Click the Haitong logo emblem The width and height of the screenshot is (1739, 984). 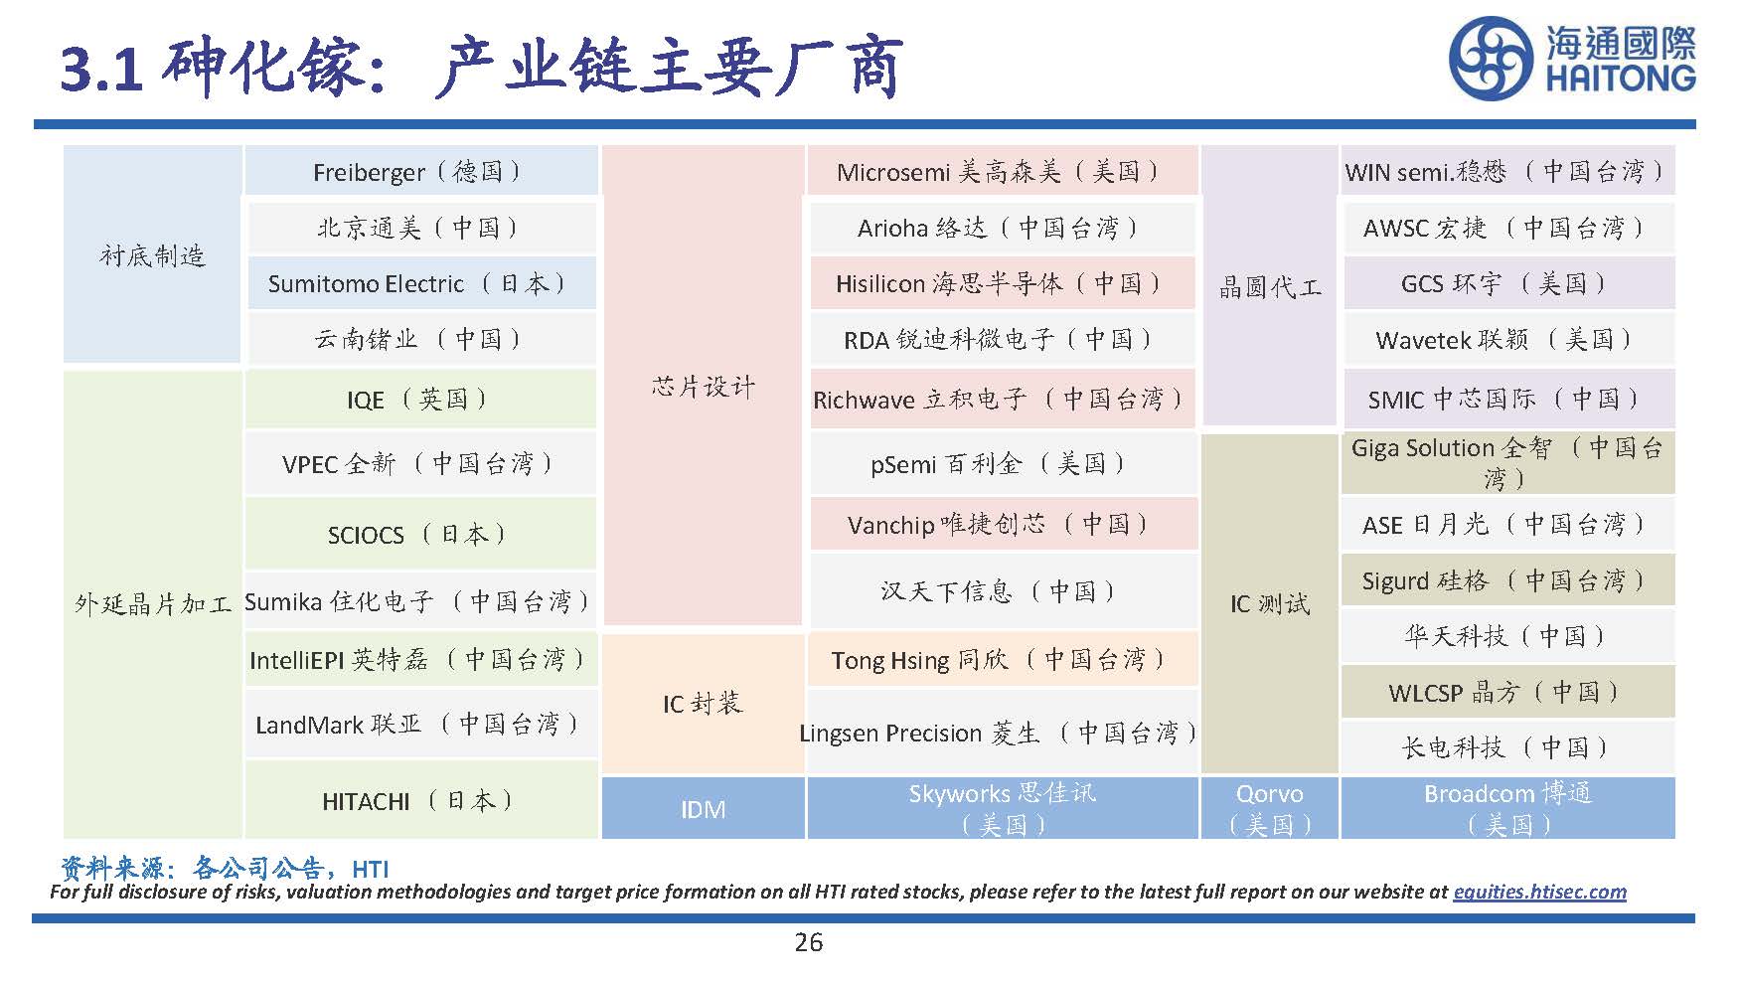[1492, 58]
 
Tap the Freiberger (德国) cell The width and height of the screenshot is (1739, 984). [419, 172]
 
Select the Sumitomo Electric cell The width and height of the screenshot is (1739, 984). [419, 284]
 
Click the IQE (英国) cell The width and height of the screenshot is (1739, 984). [419, 400]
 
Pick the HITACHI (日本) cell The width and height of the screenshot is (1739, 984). [419, 801]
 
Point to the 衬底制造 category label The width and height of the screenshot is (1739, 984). [152, 256]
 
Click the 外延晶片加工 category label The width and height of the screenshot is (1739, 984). [152, 603]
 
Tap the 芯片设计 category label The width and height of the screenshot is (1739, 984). [703, 387]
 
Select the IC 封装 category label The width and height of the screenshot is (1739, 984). [703, 704]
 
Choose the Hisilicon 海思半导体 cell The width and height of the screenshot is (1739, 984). [1001, 284]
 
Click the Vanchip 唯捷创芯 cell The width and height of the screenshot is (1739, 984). [1001, 525]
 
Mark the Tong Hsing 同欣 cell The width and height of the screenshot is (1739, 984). [1001, 660]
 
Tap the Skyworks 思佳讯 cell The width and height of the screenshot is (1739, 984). [1002, 808]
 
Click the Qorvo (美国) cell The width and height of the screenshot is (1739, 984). [1269, 808]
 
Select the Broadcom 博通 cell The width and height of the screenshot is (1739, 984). [1507, 808]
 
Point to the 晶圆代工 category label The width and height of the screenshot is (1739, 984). [1269, 288]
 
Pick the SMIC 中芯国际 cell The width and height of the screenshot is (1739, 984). [1507, 400]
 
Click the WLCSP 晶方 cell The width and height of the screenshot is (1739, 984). [1507, 692]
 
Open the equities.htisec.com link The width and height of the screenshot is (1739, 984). [1539, 892]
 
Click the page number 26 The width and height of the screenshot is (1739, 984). [809, 942]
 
